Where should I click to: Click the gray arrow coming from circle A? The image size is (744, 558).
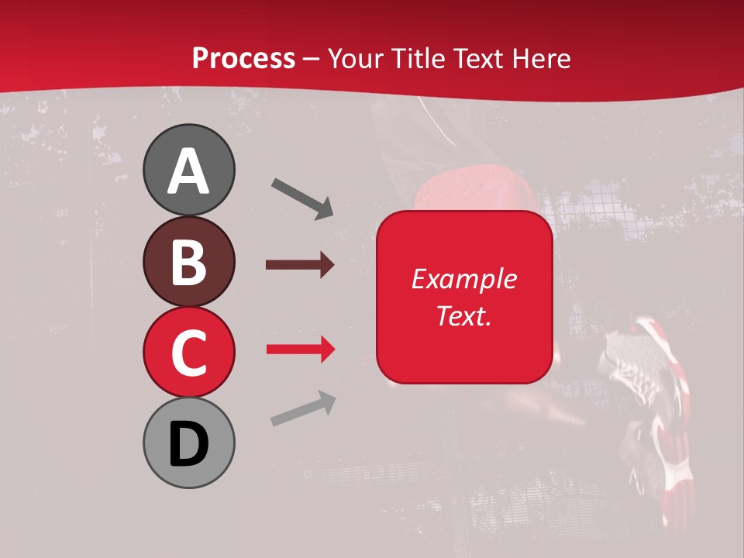(302, 198)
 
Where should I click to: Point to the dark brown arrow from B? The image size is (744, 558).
(299, 265)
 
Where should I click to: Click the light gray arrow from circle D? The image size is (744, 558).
(303, 408)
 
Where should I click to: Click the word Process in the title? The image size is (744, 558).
(243, 58)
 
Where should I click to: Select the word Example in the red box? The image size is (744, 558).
(463, 279)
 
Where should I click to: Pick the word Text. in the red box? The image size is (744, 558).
(463, 315)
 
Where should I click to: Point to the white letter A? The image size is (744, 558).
(188, 171)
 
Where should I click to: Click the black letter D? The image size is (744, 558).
(188, 444)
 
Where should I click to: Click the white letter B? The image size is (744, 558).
(188, 263)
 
